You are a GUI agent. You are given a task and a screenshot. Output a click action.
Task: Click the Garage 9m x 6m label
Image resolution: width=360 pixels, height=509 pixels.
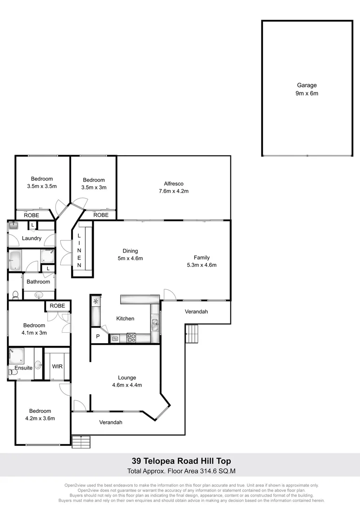click(307, 90)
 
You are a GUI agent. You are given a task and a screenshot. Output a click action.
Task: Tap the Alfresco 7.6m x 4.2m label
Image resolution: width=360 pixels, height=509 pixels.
click(173, 187)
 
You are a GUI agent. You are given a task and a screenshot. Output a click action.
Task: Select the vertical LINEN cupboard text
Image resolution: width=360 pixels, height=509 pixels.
click(79, 250)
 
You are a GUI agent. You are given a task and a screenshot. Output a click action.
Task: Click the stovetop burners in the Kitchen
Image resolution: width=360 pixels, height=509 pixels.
click(131, 337)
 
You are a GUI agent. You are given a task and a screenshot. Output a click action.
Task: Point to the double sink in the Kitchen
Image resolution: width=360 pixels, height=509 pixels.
click(155, 325)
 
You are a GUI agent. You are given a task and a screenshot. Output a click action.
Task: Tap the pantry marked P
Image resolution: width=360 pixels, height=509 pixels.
click(98, 337)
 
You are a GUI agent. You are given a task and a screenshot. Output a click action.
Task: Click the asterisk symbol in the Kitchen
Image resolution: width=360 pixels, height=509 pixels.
click(96, 301)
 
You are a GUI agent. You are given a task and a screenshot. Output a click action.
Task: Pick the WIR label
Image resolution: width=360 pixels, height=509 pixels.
click(57, 366)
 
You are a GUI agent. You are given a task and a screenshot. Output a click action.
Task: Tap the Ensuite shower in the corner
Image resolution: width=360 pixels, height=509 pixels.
click(16, 355)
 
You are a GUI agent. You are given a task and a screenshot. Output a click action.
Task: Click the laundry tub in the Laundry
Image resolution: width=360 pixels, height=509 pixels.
click(13, 226)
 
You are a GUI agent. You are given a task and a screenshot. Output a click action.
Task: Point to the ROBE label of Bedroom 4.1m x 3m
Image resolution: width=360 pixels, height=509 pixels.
click(57, 305)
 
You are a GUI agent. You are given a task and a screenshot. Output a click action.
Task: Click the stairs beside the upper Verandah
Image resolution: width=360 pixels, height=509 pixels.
click(192, 334)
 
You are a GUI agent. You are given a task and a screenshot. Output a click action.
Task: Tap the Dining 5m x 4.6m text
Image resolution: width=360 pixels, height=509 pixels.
click(130, 254)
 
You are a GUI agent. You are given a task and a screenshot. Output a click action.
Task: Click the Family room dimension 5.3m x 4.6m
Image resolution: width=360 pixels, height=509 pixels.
click(202, 265)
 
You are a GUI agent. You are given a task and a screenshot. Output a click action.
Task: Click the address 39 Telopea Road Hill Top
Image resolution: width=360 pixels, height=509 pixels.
click(180, 461)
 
